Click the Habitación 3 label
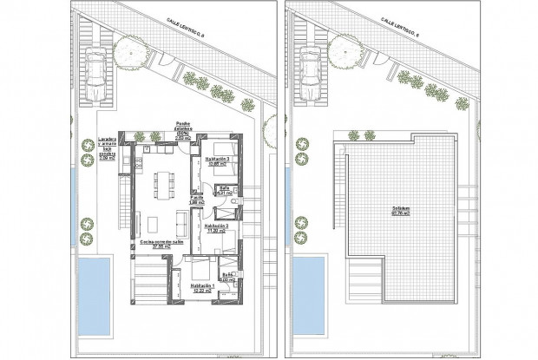[x=216, y=161]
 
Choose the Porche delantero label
[x=183, y=130]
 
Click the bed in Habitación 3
[x=222, y=174]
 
